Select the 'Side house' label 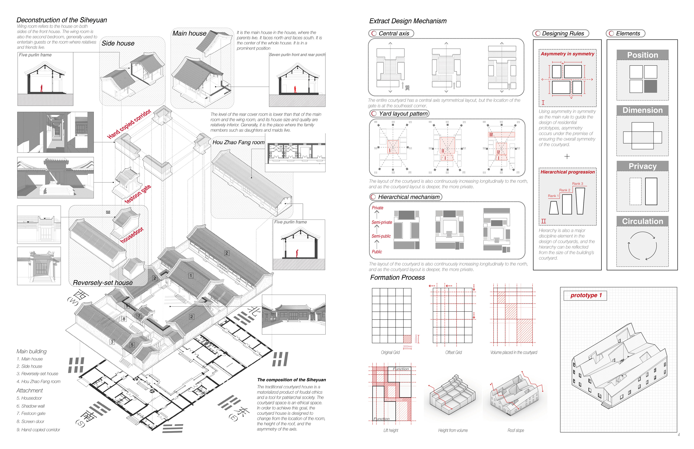(x=118, y=43)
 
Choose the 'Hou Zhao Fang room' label (x=238, y=142)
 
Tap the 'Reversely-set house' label (x=103, y=283)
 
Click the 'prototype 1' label (x=586, y=295)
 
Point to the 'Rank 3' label (x=577, y=184)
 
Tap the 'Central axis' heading (x=394, y=34)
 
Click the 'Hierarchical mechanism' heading (x=408, y=197)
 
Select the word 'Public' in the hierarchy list (x=377, y=252)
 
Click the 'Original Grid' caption (x=390, y=353)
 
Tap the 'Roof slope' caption (x=516, y=430)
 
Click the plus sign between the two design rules (x=567, y=157)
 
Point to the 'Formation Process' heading (x=397, y=278)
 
